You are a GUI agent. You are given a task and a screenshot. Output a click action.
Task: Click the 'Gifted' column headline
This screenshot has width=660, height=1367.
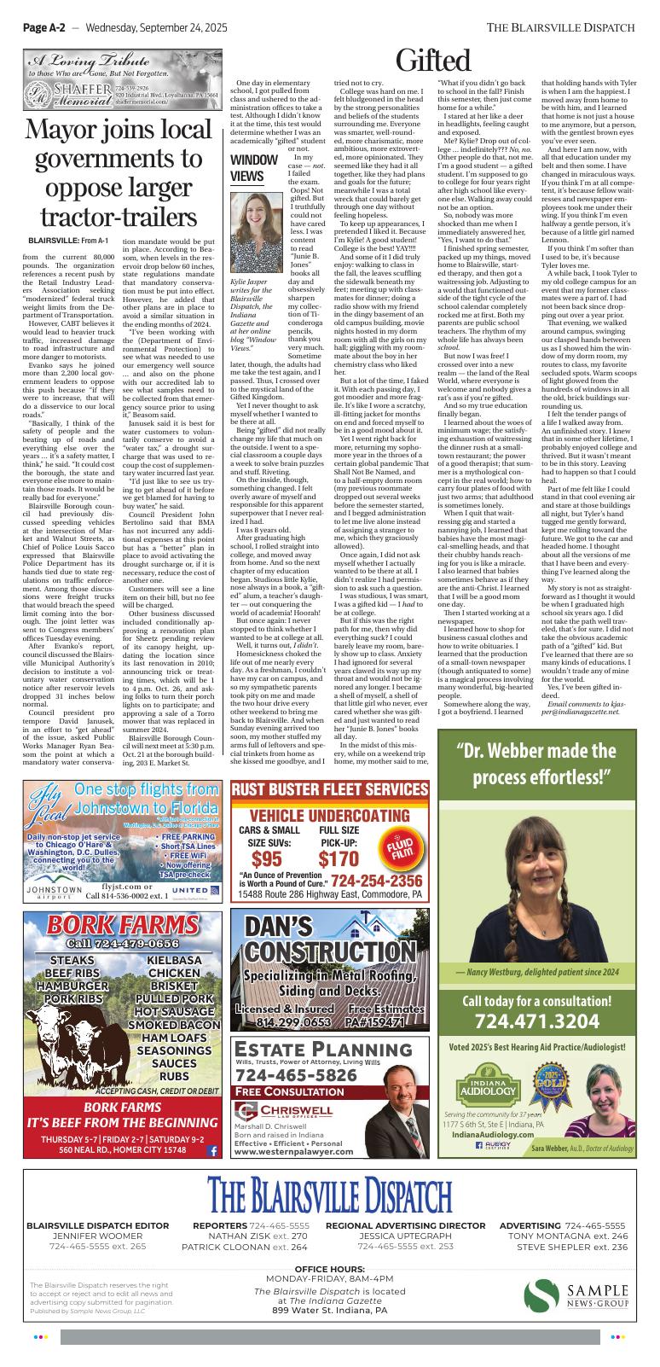pyautogui.click(x=433, y=61)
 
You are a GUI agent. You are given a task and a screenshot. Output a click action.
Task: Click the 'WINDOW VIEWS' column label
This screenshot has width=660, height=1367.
pyautogui.click(x=253, y=168)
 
